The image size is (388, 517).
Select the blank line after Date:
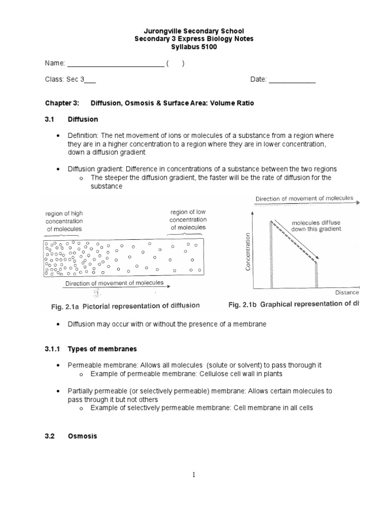(x=292, y=80)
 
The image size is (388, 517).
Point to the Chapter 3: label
(x=62, y=103)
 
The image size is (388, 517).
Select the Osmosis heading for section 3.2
(x=82, y=436)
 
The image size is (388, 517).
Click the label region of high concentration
(x=64, y=221)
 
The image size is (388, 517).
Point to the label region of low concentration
(x=188, y=219)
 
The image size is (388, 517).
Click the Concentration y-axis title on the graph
(x=248, y=252)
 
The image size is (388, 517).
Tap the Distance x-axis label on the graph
(x=347, y=292)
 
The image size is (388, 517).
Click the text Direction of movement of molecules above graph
(x=304, y=198)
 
